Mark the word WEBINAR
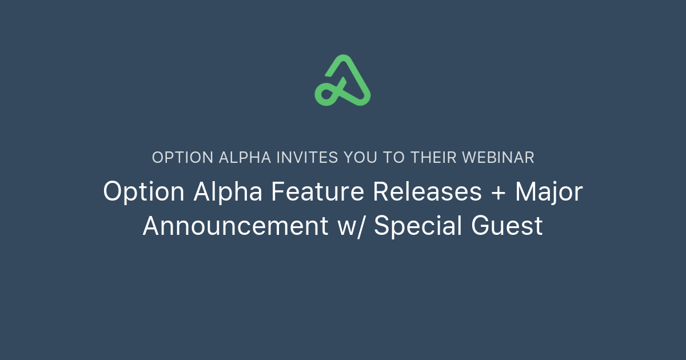[498, 158]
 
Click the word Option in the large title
[143, 192]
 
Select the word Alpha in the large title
[228, 192]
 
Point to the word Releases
[428, 192]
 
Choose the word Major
[549, 192]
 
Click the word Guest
[507, 226]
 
